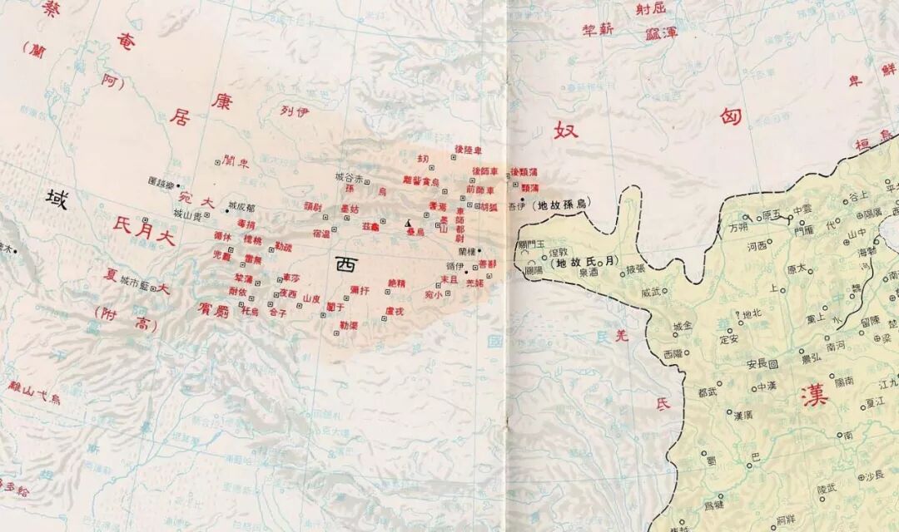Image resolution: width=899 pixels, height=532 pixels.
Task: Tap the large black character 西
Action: tap(345, 264)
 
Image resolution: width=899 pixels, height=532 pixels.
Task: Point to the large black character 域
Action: tap(57, 198)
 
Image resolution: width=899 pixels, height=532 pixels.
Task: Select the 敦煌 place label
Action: tap(558, 250)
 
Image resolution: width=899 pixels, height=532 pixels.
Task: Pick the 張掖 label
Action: tap(635, 268)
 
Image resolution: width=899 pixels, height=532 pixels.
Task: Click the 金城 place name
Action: tap(683, 326)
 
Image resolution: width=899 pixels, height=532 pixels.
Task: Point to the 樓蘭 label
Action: tap(466, 251)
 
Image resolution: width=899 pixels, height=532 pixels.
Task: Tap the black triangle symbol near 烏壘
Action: tap(408, 224)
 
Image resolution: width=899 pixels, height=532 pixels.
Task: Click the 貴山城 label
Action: tap(189, 214)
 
